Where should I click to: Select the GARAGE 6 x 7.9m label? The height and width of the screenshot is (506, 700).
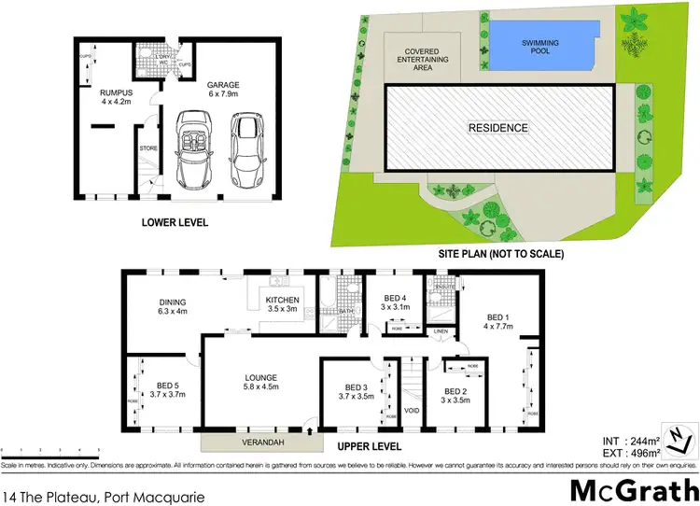tap(223, 88)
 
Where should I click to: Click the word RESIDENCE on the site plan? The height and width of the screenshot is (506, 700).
tap(498, 128)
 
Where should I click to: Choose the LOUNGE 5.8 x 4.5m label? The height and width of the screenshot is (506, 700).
tap(262, 384)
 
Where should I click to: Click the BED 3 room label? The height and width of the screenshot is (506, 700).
tap(358, 392)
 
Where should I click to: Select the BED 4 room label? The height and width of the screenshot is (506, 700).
tap(397, 302)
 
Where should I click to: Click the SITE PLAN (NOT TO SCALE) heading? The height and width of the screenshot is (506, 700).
tap(501, 254)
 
